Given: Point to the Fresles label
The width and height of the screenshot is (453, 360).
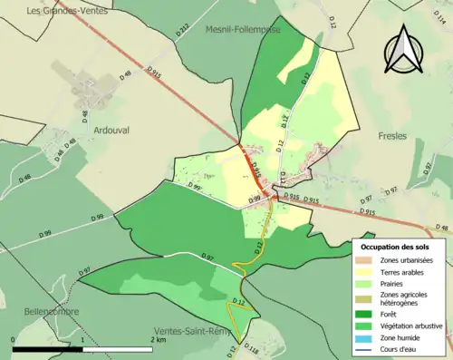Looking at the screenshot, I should tap(392, 136).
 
